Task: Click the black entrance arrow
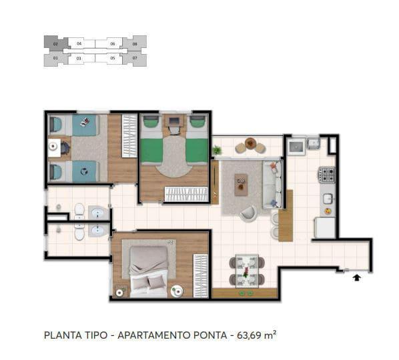(x=357, y=277)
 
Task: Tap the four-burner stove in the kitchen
(x=326, y=175)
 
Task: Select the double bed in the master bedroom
(x=149, y=269)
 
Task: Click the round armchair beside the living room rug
(x=248, y=213)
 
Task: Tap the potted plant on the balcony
(x=217, y=150)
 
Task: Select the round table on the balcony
(x=250, y=143)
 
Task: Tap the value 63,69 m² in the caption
(x=256, y=335)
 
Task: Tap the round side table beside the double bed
(x=177, y=290)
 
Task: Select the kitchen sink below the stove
(x=327, y=199)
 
